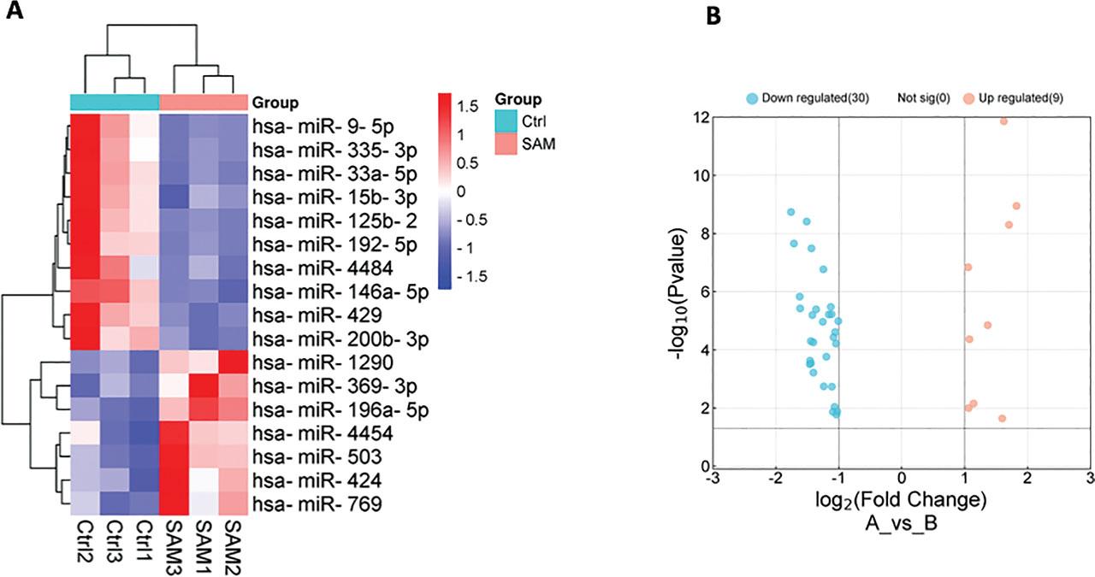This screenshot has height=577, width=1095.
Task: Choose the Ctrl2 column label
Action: (x=84, y=544)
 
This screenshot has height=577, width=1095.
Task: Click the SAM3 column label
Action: (x=174, y=544)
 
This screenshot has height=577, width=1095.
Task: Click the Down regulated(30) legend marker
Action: (x=752, y=98)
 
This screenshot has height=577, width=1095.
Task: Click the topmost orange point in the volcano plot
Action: (x=1003, y=121)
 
